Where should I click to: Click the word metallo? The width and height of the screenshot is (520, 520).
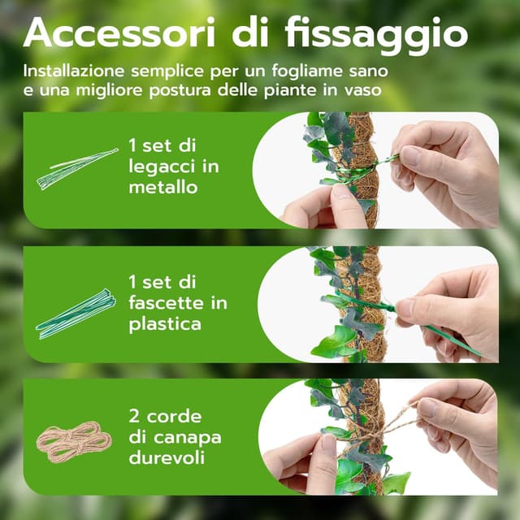162,187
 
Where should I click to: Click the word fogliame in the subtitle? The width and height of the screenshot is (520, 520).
287,71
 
